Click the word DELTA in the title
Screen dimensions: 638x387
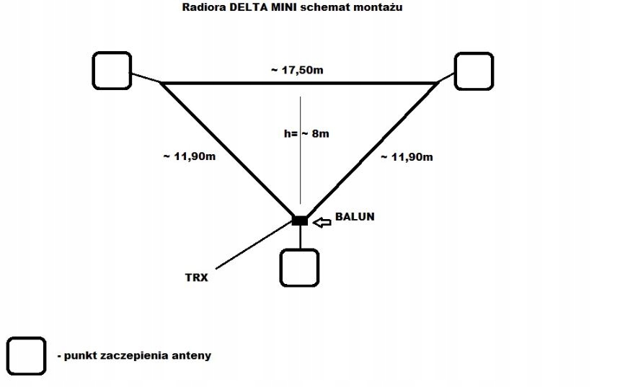coord(249,7)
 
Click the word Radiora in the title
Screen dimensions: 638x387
coord(204,7)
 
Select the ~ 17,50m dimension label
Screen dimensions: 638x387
coord(297,70)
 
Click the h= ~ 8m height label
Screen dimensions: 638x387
coord(306,133)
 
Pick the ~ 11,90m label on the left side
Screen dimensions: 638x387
coord(189,156)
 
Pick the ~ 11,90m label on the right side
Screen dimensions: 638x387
coord(407,157)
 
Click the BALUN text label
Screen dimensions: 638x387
coord(355,216)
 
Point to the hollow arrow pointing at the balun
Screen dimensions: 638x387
coord(322,222)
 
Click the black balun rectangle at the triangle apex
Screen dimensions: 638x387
coord(300,221)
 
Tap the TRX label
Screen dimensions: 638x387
coord(197,277)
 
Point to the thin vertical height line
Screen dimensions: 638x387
coord(301,150)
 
